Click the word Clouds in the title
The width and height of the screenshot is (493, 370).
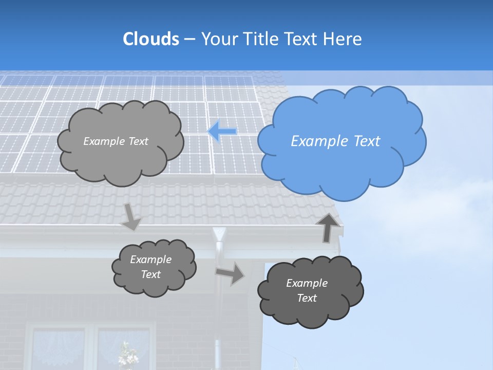tap(151, 39)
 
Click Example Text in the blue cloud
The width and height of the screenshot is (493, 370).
tap(335, 141)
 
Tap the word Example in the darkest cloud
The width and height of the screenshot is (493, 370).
tap(307, 283)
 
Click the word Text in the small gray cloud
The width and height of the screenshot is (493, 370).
tap(150, 274)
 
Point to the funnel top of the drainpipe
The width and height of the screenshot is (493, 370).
tap(219, 234)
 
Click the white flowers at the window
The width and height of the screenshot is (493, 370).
tap(125, 355)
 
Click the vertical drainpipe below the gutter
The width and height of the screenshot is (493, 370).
tap(218, 308)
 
